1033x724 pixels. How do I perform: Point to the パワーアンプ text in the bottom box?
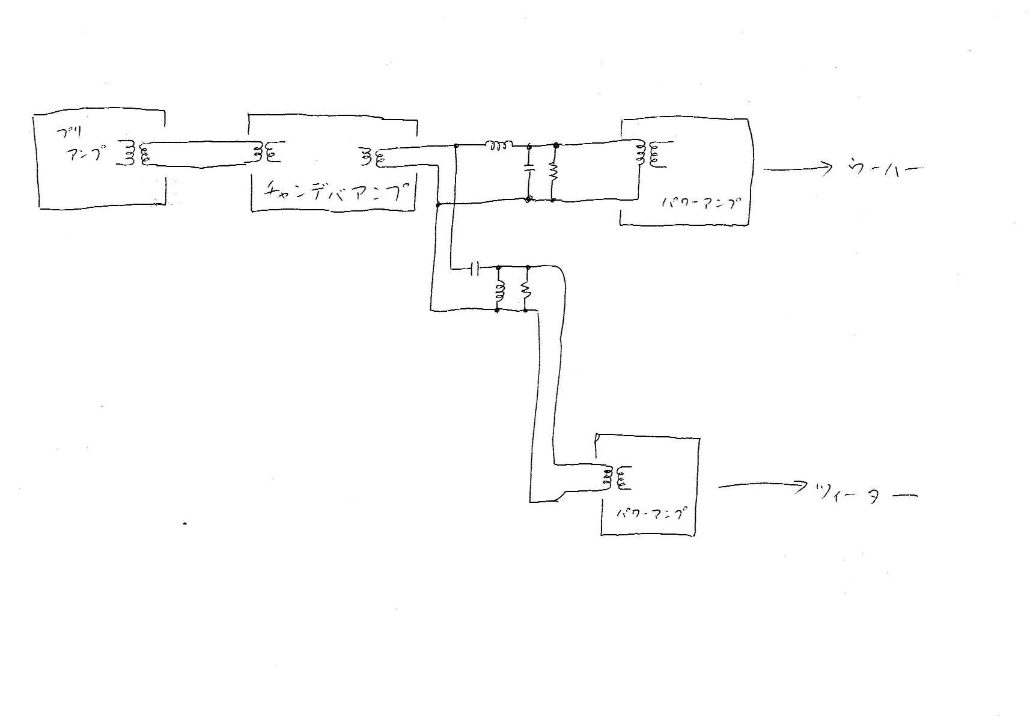[x=653, y=516]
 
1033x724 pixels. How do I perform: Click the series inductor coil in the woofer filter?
[x=499, y=145]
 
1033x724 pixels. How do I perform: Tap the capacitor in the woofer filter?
[x=529, y=171]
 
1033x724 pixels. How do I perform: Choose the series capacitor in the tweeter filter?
[x=475, y=269]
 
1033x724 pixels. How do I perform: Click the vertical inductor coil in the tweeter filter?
[x=499, y=291]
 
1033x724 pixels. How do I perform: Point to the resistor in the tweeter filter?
[x=526, y=291]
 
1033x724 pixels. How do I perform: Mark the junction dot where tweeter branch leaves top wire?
[x=457, y=145]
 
